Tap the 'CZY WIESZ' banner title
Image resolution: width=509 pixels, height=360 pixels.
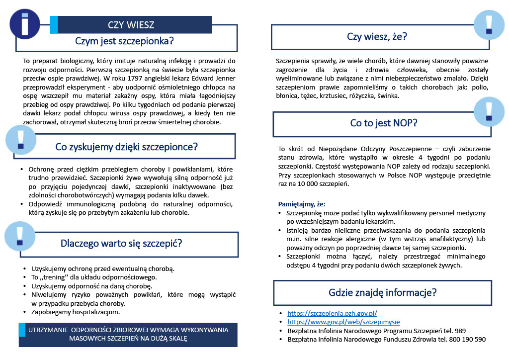(131, 25)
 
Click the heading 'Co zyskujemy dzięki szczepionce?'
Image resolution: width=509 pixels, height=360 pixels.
(126, 147)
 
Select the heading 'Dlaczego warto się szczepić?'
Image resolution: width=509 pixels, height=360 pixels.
(121, 244)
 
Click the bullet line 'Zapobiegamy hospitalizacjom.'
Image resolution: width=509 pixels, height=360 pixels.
(76, 312)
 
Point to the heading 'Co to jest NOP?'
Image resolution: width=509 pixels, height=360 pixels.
(383, 123)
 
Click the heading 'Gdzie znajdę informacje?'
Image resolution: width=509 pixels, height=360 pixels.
(383, 292)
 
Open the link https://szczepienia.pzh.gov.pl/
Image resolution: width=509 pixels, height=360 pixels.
(333, 313)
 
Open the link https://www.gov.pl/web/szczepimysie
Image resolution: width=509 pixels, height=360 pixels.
(343, 322)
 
